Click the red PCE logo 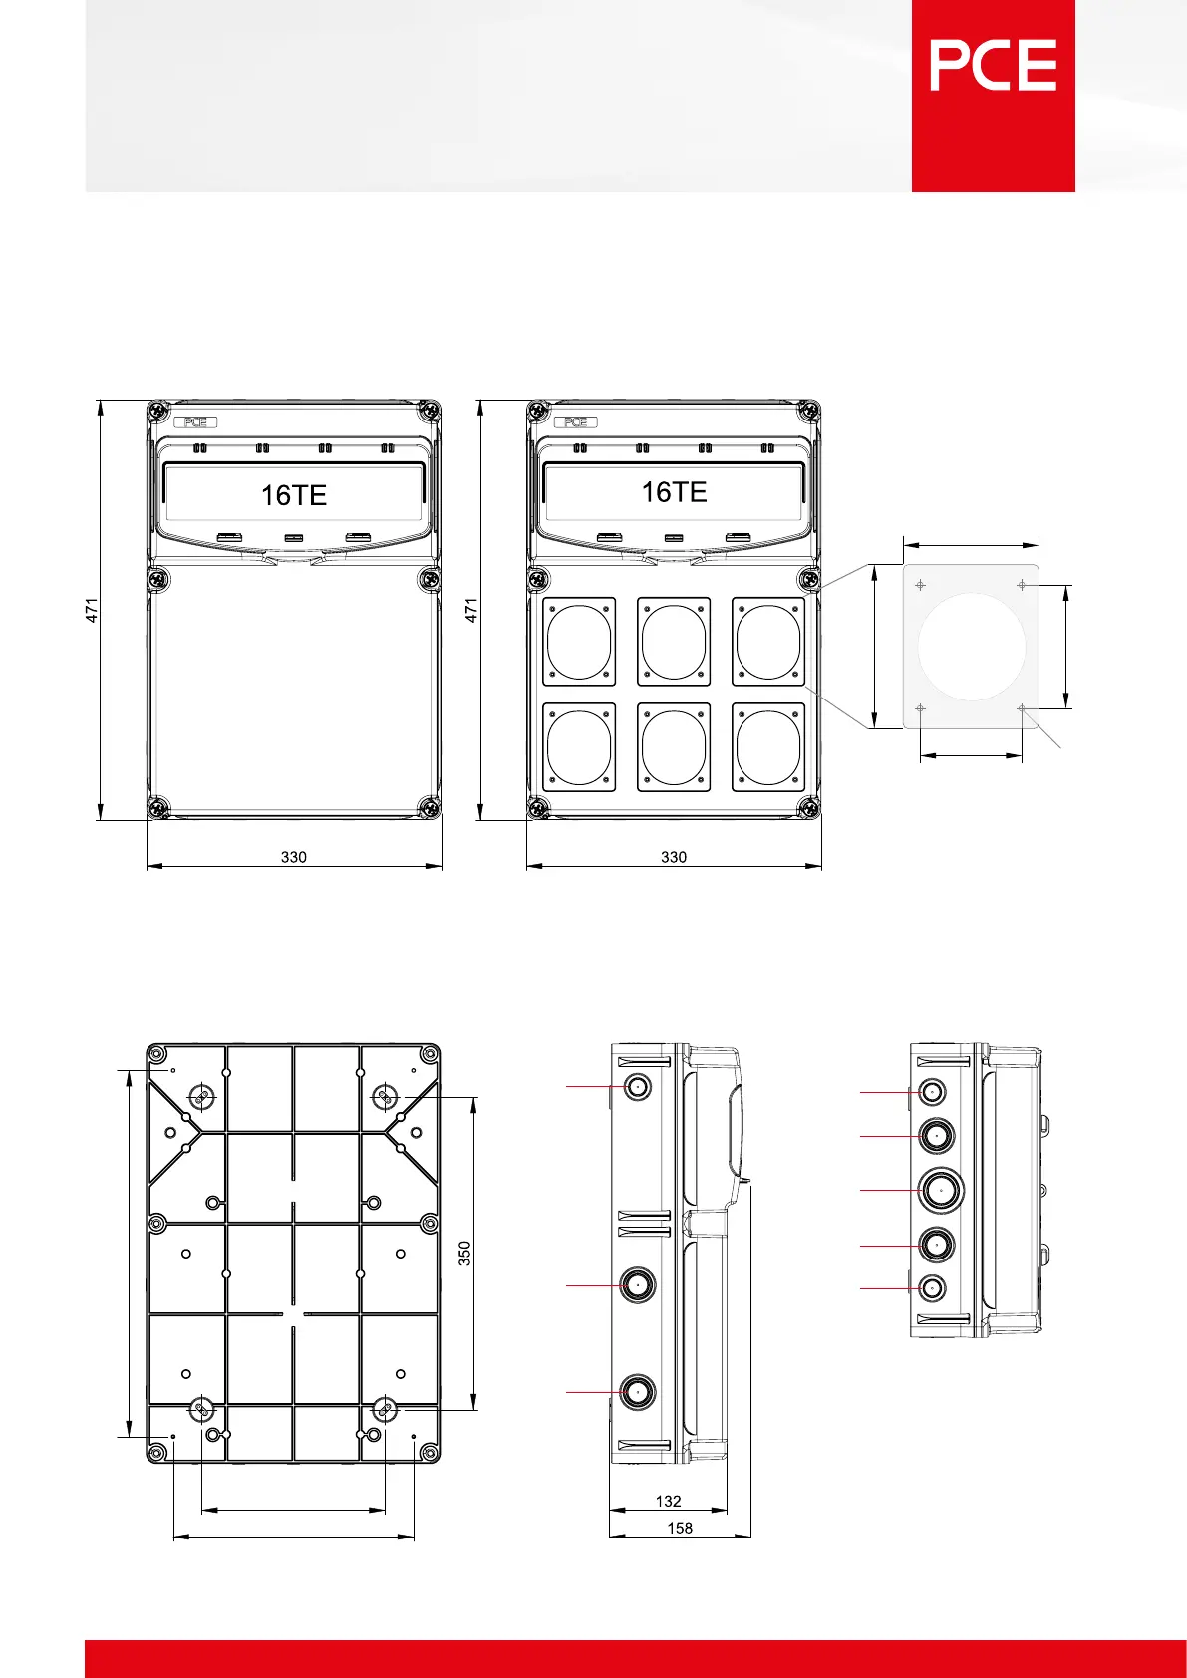(x=993, y=96)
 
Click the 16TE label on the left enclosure (x=294, y=495)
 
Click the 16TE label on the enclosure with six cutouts (x=674, y=492)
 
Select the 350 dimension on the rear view (x=464, y=1254)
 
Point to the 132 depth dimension (x=669, y=1502)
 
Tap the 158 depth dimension (x=680, y=1529)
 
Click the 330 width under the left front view (x=294, y=857)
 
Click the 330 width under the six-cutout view (x=674, y=857)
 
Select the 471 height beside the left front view (x=92, y=610)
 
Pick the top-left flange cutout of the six (x=579, y=642)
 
